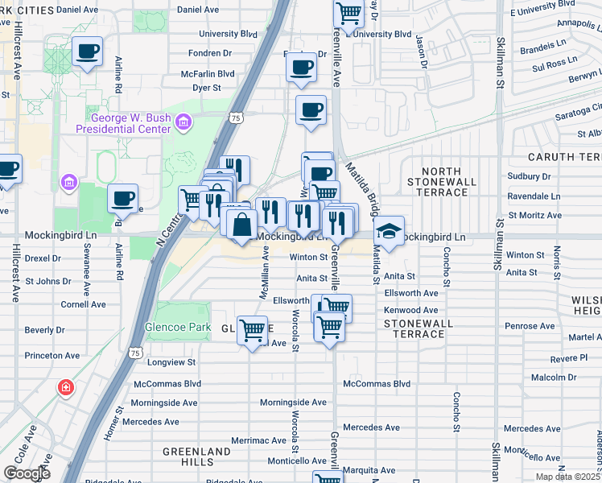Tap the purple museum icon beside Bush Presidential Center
pos(183,122)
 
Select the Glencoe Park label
pos(177,328)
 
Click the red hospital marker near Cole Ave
pos(65,389)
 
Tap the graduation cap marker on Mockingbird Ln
pos(389,231)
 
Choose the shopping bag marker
pos(241,224)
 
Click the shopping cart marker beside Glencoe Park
pos(253,329)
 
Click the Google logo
pos(27,473)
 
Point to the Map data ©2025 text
pos(567,477)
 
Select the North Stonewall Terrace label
pos(441,182)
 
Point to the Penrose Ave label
pos(530,326)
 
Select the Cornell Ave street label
pos(83,305)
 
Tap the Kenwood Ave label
pos(410,310)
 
